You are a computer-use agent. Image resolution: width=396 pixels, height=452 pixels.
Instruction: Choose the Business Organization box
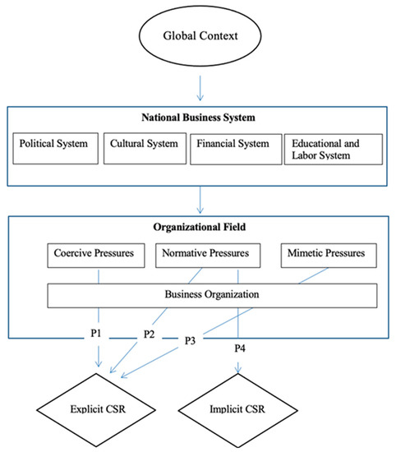(211, 294)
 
